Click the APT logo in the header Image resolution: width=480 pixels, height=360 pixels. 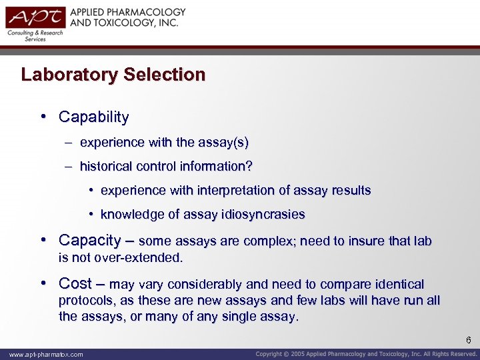coord(35,18)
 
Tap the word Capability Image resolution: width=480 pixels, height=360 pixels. coord(93,117)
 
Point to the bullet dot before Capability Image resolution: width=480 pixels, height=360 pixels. coord(43,117)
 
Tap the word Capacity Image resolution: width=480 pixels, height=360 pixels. coord(89,240)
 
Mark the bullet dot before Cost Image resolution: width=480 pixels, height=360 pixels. coord(43,283)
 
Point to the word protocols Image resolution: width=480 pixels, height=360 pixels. coord(85,301)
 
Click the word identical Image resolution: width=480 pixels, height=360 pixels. coord(397,284)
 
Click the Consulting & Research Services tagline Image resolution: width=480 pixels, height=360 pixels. coord(35,36)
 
